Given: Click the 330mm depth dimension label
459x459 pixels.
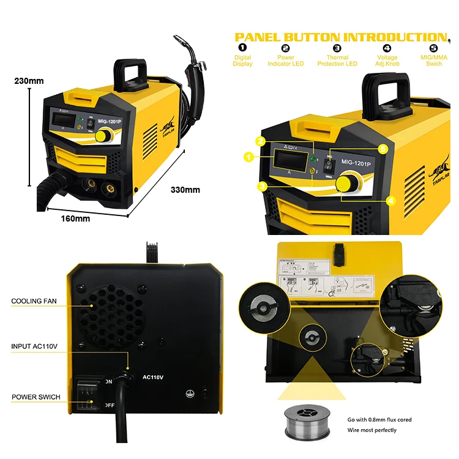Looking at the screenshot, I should tap(185, 190).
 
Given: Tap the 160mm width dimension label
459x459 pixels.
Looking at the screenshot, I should tap(75, 218).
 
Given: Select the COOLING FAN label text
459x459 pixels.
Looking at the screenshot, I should tap(34, 301).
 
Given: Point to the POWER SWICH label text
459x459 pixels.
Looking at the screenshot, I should tap(36, 397).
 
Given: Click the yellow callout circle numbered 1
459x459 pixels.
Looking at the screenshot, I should tap(248, 157).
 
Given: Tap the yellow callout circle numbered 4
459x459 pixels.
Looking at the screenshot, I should tap(390, 200).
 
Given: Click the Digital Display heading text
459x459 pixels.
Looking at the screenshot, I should tap(242, 61).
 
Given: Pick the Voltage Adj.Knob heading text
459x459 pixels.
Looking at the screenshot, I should tap(386, 61).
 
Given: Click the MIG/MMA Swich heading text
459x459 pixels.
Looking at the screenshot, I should tap(434, 61).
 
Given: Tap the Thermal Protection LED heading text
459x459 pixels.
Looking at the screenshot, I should tap(337, 61).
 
